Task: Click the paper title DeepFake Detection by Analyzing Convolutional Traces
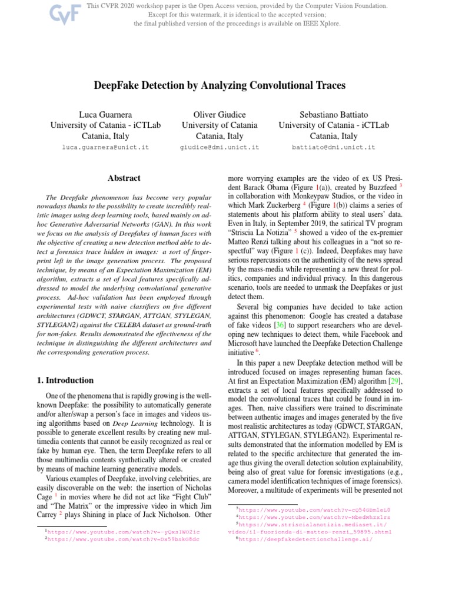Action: (225, 86)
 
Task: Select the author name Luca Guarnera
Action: (105, 114)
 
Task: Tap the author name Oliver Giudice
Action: (220, 114)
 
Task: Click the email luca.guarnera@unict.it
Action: (105, 147)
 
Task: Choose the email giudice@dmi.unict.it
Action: (220, 147)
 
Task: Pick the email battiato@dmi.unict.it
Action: (334, 147)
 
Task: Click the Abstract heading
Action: (124, 178)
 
